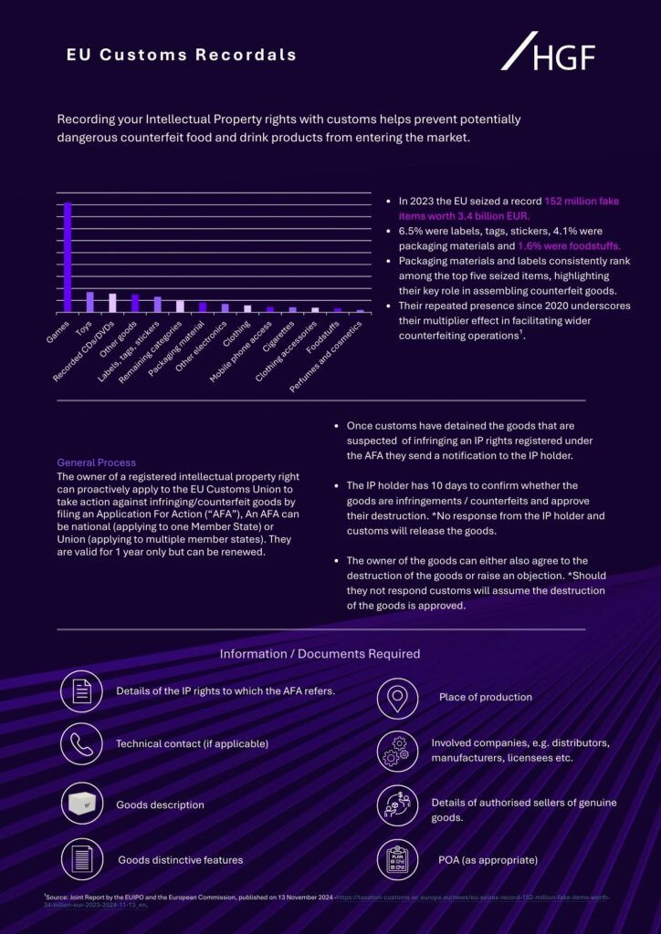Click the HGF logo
548,52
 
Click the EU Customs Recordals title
182,55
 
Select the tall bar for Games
68,256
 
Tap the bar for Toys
89,302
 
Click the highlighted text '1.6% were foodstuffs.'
569,245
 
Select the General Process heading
96,462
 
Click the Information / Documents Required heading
320,654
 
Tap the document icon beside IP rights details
81,690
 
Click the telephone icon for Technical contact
81,743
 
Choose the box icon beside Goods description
81,804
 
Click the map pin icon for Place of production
397,698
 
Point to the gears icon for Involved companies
397,750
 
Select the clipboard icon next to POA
397,859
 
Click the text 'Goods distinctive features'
180,859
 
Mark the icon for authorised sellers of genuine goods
397,805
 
